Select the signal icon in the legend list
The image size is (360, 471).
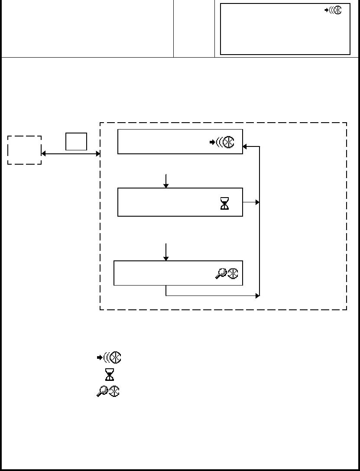pyautogui.click(x=108, y=357)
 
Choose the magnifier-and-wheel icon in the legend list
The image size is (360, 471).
pyautogui.click(x=108, y=391)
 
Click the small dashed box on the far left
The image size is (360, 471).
pyautogui.click(x=25, y=150)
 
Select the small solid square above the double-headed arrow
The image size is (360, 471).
pyautogui.click(x=76, y=141)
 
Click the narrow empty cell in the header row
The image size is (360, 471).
pyautogui.click(x=194, y=29)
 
